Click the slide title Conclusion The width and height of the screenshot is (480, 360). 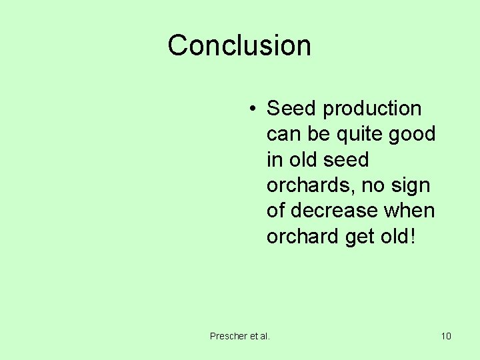point(239,45)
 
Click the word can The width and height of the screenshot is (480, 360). point(283,135)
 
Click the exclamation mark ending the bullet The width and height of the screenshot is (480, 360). point(413,237)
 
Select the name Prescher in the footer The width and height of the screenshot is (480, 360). point(228,336)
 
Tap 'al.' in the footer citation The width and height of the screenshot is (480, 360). point(264,336)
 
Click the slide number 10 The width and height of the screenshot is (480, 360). point(446,336)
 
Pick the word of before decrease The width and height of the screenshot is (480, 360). point(276,211)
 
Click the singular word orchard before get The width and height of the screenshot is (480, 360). point(303,237)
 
